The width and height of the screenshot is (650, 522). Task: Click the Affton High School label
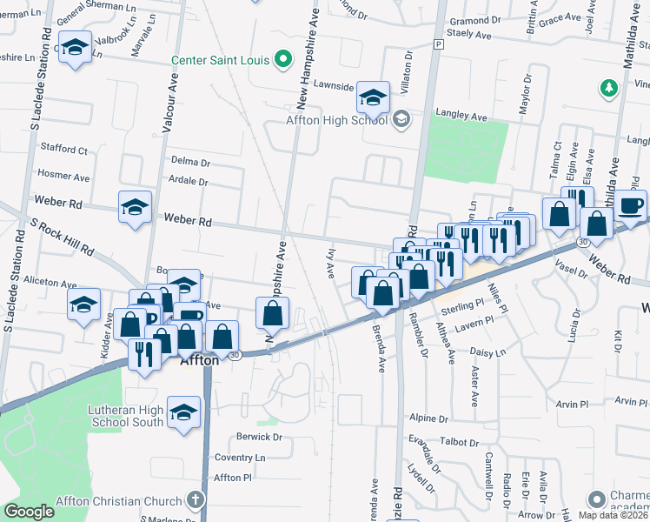[x=337, y=120]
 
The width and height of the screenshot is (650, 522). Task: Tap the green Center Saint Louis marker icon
[x=282, y=60]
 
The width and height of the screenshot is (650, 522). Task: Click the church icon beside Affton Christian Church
[x=196, y=500]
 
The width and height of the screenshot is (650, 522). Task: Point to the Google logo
[x=29, y=512]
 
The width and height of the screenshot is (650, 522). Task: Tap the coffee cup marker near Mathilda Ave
[x=632, y=205]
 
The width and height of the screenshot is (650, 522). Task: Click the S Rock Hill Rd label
[x=62, y=236]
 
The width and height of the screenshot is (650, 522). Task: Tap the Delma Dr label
[x=190, y=162]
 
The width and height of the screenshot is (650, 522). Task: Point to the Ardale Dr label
[x=190, y=182]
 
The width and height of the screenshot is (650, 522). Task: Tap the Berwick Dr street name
[x=259, y=437]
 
